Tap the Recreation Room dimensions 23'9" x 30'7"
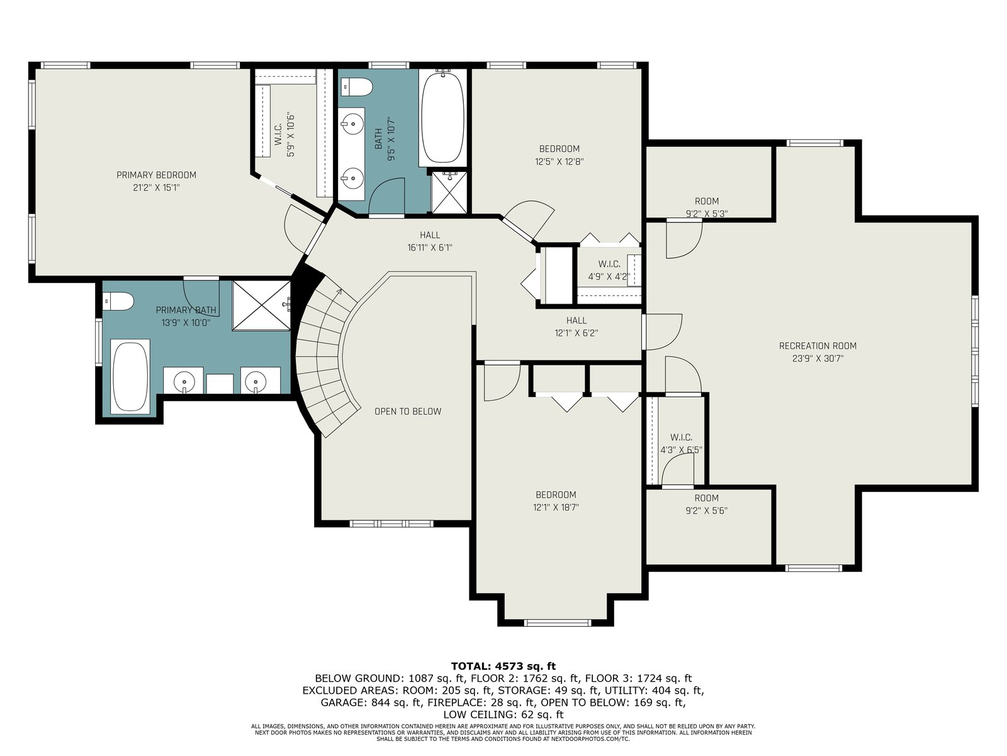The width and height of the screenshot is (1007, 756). [x=818, y=358]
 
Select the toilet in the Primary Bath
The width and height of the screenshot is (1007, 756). [x=118, y=302]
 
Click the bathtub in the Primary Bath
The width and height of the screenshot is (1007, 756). [x=131, y=377]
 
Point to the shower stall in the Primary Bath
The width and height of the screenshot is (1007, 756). [x=261, y=306]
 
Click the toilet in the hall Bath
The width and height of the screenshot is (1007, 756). [x=357, y=87]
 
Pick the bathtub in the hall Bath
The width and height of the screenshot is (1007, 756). [x=442, y=118]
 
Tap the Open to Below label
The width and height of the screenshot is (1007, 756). [x=407, y=411]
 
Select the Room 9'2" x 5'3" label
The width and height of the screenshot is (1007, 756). [x=706, y=207]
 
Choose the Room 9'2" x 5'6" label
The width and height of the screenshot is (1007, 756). [x=706, y=504]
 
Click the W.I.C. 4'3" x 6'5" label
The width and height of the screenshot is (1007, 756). [x=681, y=444]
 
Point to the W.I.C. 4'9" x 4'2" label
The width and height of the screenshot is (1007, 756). [x=609, y=270]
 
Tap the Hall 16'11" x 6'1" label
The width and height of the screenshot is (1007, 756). [x=430, y=241]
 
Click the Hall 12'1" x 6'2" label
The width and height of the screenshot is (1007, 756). [x=577, y=326]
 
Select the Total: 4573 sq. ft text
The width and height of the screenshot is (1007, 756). [x=503, y=666]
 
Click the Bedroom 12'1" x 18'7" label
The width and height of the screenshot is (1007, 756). [x=556, y=501]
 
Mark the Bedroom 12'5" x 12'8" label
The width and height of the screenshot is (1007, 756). [x=559, y=155]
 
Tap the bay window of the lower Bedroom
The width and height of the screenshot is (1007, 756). [x=558, y=623]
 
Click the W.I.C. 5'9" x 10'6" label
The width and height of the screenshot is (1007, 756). [x=284, y=134]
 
